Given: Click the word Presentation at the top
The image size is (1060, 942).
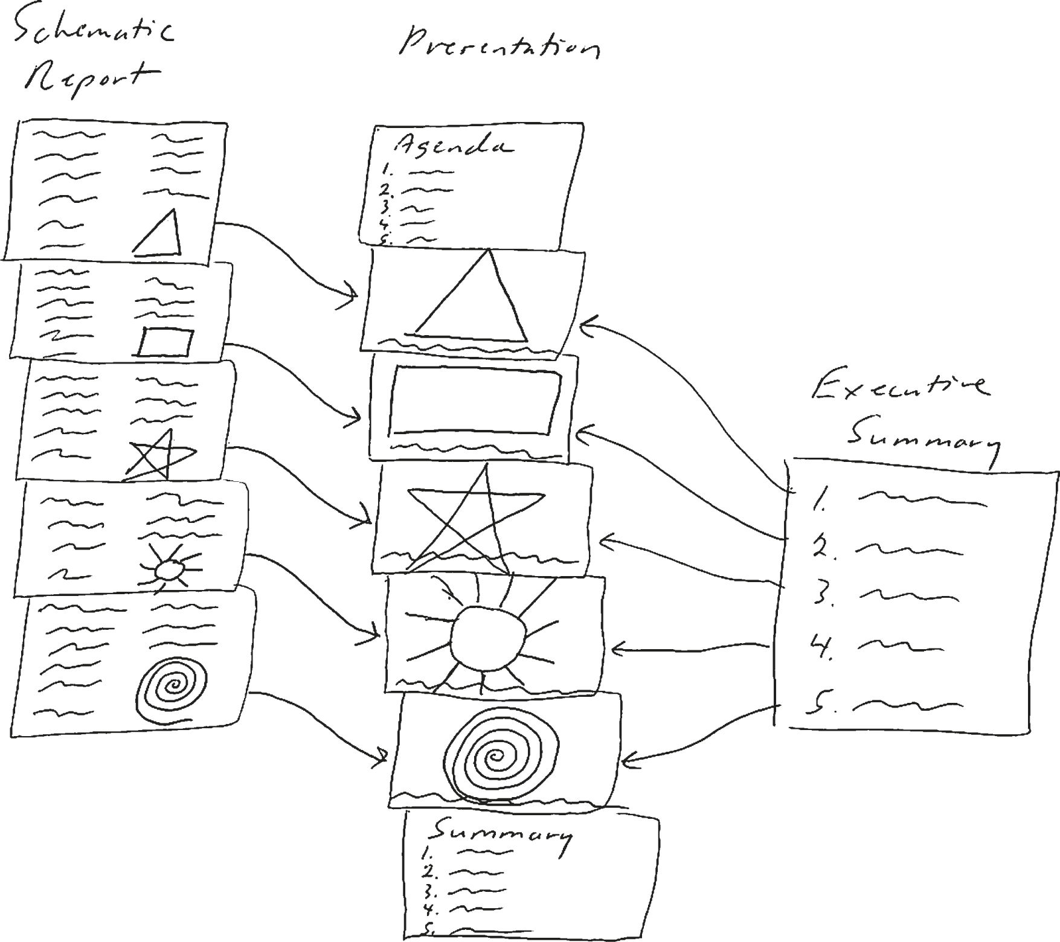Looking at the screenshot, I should click(x=498, y=46).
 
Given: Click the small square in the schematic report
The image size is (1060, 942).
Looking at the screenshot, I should click(x=165, y=342).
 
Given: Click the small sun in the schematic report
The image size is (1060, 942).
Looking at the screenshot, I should click(x=167, y=569).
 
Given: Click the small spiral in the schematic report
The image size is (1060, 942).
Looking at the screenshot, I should click(x=172, y=687).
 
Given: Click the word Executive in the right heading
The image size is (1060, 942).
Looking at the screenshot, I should click(x=900, y=389).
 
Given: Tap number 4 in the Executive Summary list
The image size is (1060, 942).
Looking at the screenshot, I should click(x=821, y=649).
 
